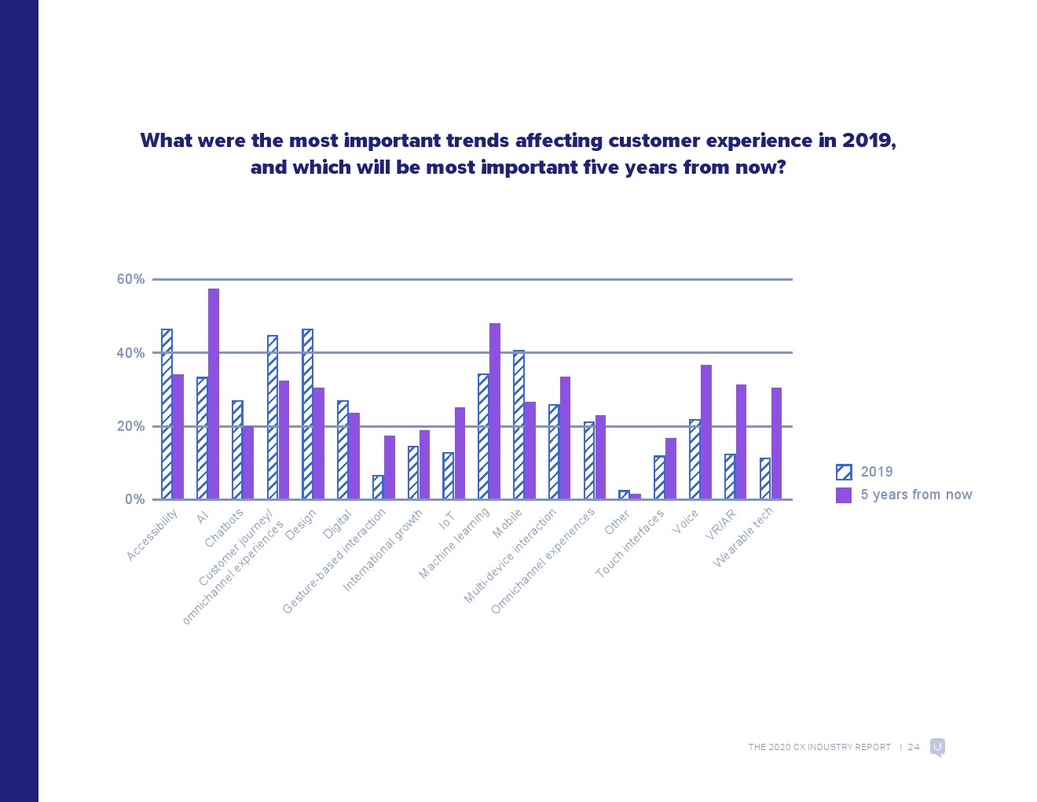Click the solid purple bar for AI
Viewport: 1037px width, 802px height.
[214, 393]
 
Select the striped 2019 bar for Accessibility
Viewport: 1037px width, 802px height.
[167, 414]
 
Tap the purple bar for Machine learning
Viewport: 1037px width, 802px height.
[495, 410]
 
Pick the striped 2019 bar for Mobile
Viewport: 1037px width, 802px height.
[518, 425]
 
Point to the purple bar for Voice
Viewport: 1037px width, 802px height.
[706, 432]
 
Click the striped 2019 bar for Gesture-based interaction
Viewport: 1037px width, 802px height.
[378, 487]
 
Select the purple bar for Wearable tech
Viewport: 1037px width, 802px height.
[776, 443]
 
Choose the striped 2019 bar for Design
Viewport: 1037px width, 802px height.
[307, 414]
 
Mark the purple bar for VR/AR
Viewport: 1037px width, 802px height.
[741, 442]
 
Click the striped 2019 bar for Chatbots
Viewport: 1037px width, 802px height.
[237, 450]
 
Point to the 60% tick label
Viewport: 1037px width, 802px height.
[130, 279]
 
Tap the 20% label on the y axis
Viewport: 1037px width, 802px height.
[130, 426]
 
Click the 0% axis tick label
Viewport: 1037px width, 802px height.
[134, 499]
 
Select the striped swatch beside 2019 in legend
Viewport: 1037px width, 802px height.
[844, 472]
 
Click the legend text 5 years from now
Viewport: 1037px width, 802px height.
[916, 495]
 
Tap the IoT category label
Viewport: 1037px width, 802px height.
[446, 520]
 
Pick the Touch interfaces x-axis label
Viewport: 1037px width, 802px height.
[630, 543]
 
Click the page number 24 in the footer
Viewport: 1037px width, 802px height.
[914, 747]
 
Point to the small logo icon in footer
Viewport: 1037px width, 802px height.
[937, 747]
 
